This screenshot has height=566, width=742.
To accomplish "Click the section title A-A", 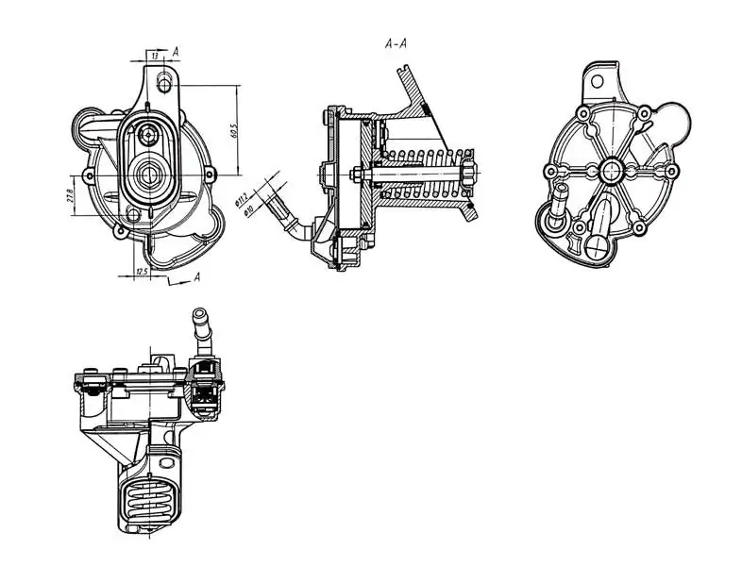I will click(x=396, y=43).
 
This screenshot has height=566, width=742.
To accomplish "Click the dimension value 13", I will click(x=153, y=55).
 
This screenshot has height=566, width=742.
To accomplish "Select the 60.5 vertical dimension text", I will click(x=233, y=129).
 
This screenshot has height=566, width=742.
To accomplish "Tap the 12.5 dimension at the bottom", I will click(x=142, y=272).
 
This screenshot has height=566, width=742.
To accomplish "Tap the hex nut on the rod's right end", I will click(x=468, y=175).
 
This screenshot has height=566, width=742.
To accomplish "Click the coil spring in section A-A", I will click(x=425, y=175).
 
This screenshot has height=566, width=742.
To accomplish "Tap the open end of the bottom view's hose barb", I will click(x=200, y=312).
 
